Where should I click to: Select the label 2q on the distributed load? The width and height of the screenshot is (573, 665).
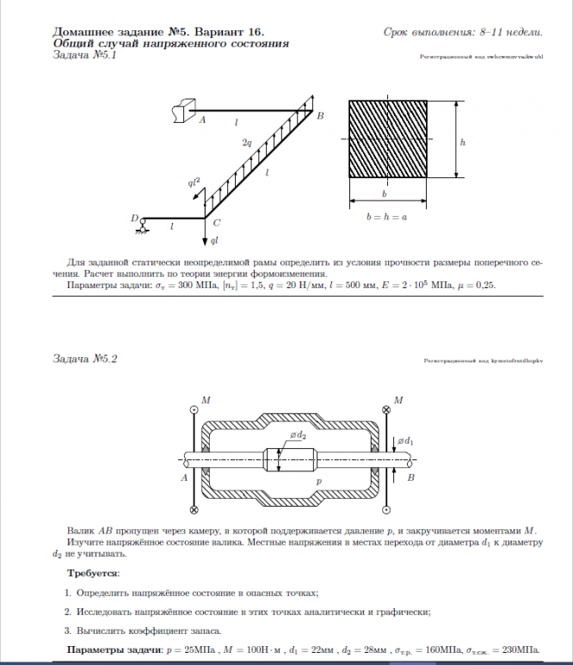(247, 141)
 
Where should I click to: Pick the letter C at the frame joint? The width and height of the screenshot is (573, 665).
(216, 222)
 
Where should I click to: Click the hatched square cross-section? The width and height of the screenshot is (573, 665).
(388, 139)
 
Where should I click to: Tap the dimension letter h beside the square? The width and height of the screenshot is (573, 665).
(462, 142)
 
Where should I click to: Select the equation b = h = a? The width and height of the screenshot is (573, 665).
(386, 218)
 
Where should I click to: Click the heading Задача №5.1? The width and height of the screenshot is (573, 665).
(84, 55)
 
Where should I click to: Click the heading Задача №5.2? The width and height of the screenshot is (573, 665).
(84, 359)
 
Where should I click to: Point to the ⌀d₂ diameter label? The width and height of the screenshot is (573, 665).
(298, 436)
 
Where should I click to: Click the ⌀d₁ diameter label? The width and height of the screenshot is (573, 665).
(405, 441)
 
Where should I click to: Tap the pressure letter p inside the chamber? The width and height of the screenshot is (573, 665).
(317, 483)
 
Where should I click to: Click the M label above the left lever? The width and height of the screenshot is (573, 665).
(205, 400)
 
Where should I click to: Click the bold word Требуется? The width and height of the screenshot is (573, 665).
(94, 572)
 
